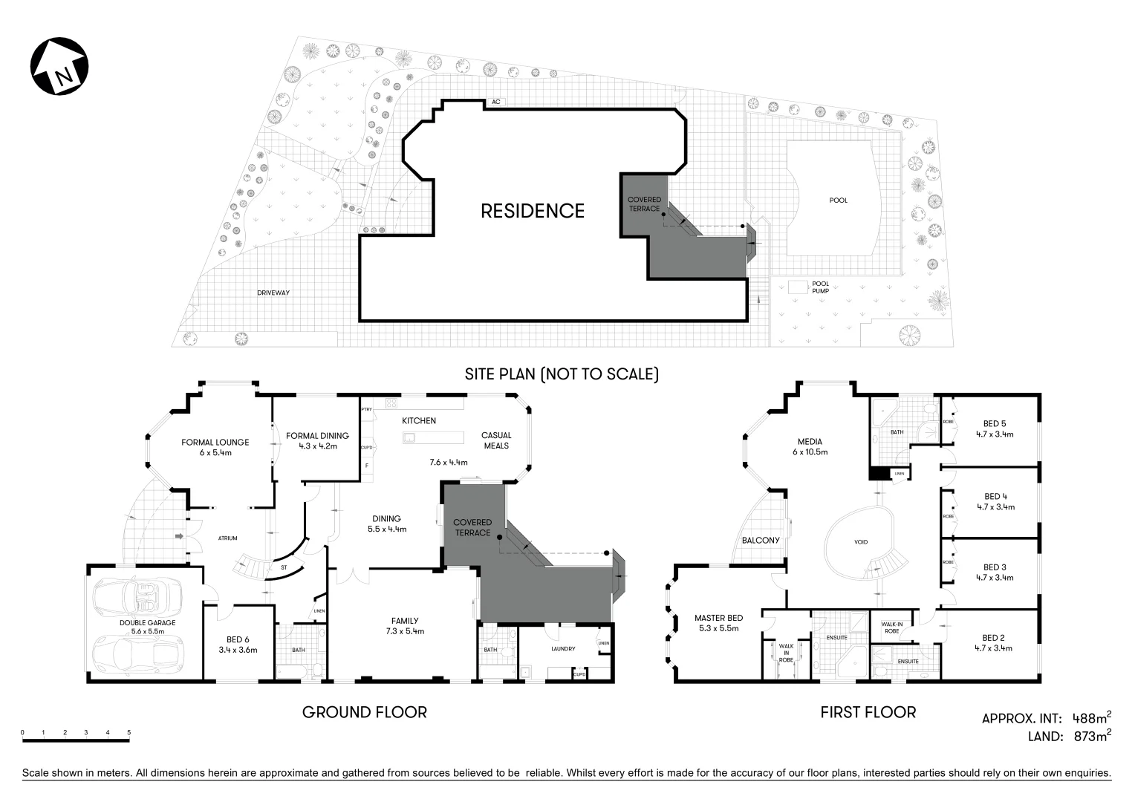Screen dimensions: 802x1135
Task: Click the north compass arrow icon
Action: click(x=59, y=66)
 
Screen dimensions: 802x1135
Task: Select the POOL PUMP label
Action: click(x=820, y=287)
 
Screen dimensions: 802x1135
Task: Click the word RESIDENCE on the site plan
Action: click(x=533, y=211)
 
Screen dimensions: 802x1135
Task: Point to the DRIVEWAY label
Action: click(x=273, y=293)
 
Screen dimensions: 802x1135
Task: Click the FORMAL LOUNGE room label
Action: click(x=215, y=442)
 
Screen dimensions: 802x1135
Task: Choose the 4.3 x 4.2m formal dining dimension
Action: click(x=318, y=446)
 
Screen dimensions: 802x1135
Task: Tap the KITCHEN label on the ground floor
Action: click(x=419, y=420)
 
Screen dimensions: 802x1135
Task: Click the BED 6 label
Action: click(x=238, y=639)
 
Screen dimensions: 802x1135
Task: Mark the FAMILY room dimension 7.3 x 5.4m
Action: click(x=405, y=631)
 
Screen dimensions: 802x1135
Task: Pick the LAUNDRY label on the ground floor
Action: click(x=563, y=648)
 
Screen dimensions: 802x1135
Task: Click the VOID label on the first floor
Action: click(x=861, y=542)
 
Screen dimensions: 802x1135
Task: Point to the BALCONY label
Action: click(x=761, y=540)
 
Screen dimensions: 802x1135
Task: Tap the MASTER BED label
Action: click(x=718, y=618)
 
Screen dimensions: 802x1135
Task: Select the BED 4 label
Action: click(x=995, y=497)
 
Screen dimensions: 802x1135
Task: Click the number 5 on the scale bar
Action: click(x=129, y=733)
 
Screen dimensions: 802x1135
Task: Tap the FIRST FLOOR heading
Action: click(x=868, y=712)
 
